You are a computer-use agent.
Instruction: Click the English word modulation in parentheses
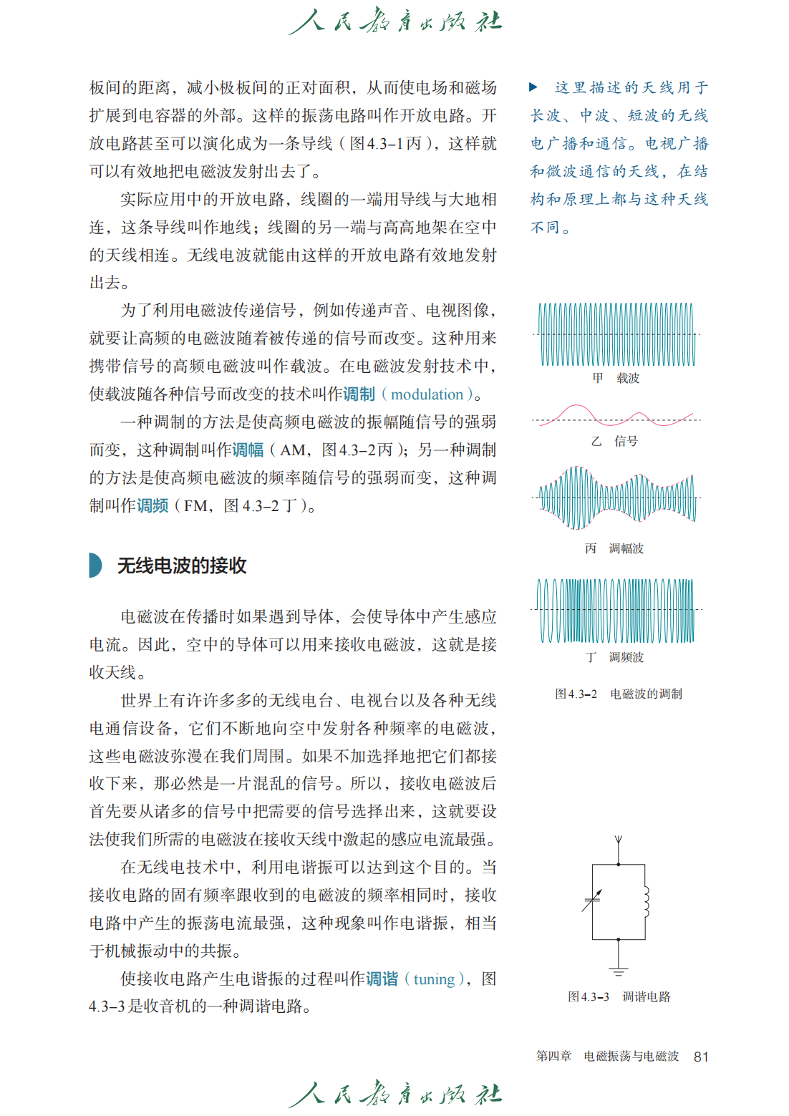(427, 394)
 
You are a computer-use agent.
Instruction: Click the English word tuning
(434, 979)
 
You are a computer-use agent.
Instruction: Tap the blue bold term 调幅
(247, 450)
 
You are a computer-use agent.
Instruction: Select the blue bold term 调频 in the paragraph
(153, 506)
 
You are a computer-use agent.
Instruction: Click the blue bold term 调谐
(382, 979)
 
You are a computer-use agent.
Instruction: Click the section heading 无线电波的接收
(182, 566)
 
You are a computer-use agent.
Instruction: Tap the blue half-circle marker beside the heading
(95, 566)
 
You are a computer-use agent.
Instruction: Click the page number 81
(701, 1057)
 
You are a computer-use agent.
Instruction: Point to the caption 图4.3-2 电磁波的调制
(619, 694)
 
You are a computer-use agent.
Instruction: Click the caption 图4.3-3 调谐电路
(619, 996)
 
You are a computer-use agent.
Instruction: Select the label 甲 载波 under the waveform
(616, 378)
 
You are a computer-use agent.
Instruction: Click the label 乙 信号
(614, 441)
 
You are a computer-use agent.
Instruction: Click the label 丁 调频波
(614, 657)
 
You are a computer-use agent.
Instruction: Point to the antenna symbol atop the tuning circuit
(619, 840)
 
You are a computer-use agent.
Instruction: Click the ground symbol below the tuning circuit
(619, 971)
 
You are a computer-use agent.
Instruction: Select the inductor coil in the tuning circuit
(646, 902)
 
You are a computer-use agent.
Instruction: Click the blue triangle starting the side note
(533, 87)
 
